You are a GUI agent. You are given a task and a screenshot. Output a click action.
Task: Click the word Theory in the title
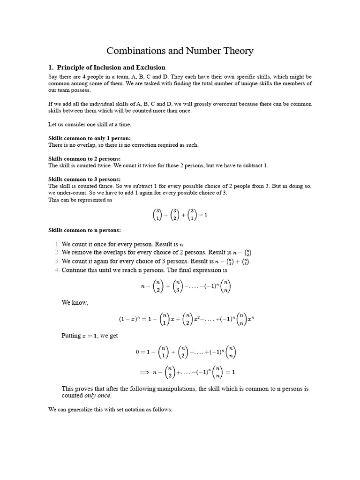click(236, 51)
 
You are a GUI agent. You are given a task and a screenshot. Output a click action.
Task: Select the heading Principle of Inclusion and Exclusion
click(111, 67)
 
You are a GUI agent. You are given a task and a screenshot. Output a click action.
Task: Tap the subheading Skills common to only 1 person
click(90, 138)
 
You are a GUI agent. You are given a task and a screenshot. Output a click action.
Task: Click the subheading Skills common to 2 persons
click(84, 159)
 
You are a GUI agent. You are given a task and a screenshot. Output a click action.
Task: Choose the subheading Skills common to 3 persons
click(84, 180)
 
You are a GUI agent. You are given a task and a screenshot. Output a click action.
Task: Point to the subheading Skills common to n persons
click(84, 230)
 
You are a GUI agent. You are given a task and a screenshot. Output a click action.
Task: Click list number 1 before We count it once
click(57, 244)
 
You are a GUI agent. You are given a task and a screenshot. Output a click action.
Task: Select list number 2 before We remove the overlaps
click(57, 253)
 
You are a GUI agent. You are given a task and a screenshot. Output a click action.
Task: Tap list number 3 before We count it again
click(57, 261)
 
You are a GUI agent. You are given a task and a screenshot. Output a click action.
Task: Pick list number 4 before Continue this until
click(57, 270)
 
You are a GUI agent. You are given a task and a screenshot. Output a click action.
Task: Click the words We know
click(75, 303)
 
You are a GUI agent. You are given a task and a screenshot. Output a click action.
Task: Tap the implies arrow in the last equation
click(144, 372)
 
